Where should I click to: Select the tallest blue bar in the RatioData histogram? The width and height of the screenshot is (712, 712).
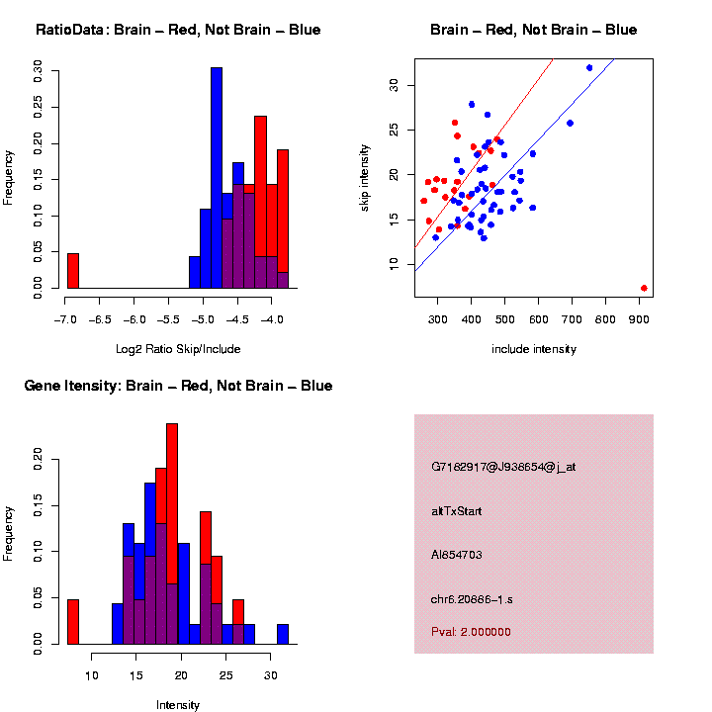click(x=217, y=178)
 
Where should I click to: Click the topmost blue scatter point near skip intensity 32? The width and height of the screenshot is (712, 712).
click(x=589, y=67)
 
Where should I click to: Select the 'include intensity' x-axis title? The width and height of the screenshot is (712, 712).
click(x=534, y=349)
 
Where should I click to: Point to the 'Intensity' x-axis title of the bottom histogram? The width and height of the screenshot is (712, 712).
click(x=178, y=705)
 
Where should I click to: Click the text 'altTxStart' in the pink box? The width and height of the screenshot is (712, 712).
click(x=457, y=511)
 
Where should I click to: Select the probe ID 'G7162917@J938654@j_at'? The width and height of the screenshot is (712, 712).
click(x=502, y=467)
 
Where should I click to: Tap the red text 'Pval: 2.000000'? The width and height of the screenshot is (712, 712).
click(x=471, y=632)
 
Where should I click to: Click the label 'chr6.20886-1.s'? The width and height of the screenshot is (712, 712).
click(x=472, y=599)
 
